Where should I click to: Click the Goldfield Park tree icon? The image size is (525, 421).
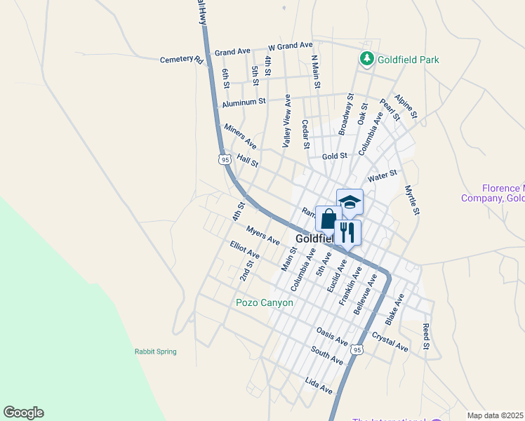point(366,59)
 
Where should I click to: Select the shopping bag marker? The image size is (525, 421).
point(328,219)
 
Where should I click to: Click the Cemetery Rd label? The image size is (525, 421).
point(181,60)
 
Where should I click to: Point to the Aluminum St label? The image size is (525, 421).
point(244,102)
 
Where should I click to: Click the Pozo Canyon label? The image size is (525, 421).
point(264,302)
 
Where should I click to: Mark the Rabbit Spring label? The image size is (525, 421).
point(156,352)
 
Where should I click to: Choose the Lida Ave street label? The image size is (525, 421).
point(319,385)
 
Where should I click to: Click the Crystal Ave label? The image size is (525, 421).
point(390,342)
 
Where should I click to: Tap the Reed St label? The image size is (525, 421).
point(425,337)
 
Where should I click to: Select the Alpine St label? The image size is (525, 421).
point(406,105)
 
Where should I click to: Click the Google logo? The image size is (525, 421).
point(23,413)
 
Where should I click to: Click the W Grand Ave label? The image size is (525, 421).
point(290,46)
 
